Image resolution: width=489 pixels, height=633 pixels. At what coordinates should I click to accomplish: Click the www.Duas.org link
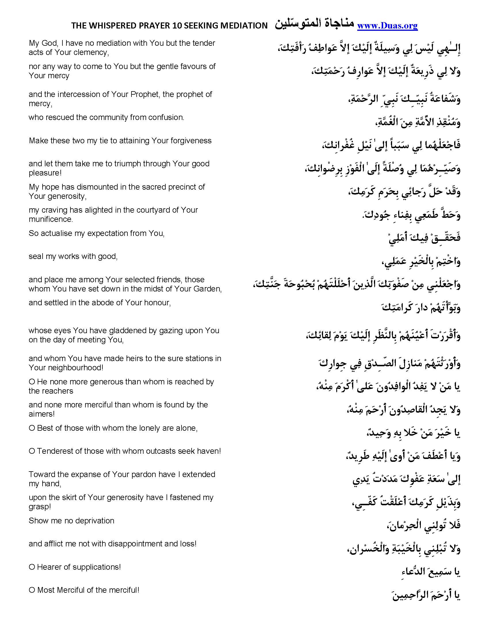[387, 26]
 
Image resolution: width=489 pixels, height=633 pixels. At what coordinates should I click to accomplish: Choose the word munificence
[50, 220]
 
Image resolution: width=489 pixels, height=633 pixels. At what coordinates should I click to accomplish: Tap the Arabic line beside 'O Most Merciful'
[426, 595]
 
